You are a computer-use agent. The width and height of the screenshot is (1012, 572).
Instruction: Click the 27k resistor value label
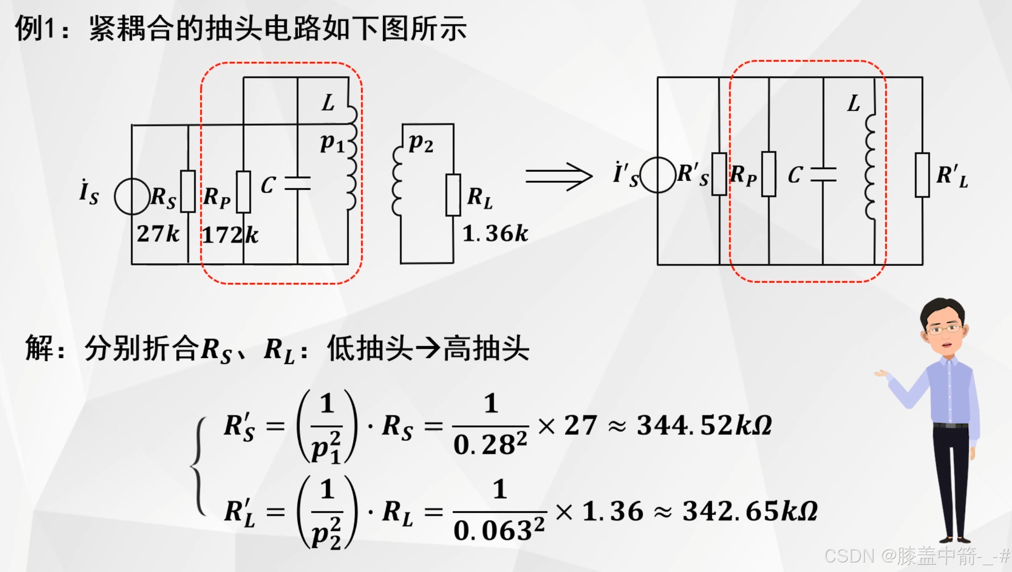point(158,234)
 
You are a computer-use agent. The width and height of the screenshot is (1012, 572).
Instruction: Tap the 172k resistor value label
point(230,235)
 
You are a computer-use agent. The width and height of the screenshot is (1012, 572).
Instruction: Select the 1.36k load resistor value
point(495,234)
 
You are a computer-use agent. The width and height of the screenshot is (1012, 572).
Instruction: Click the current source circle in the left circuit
point(132,196)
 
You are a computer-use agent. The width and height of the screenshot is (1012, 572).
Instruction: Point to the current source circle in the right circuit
point(658,175)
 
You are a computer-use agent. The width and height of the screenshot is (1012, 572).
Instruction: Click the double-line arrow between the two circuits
point(559,176)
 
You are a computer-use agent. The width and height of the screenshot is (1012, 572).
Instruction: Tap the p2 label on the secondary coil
point(420,143)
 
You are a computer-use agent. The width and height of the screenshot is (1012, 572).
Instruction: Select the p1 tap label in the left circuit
point(332,143)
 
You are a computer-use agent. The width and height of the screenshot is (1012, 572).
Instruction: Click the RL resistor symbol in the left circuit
point(453,195)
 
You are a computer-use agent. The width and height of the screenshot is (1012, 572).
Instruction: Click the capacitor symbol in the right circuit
point(823,175)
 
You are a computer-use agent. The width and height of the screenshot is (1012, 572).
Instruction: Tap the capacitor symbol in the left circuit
point(297,184)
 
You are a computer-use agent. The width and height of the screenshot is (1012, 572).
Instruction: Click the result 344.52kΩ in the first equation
point(704,425)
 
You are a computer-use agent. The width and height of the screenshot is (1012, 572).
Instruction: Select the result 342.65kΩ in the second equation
point(750,511)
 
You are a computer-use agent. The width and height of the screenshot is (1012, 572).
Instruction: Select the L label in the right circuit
point(854,104)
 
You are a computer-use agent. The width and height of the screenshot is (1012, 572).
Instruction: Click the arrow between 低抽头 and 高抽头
point(428,349)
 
